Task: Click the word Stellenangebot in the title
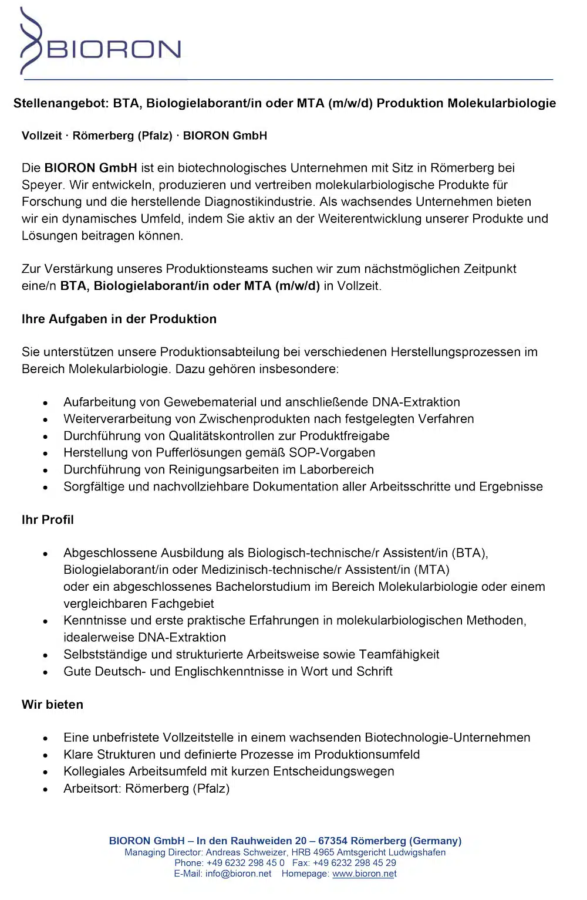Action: [60, 103]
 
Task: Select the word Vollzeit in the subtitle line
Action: [42, 136]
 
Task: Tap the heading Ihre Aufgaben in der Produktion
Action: [119, 319]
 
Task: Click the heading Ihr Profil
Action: [48, 520]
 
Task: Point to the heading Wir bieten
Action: [52, 705]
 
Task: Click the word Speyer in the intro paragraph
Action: [42, 185]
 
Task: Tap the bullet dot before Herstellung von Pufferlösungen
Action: [45, 454]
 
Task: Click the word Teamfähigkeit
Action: [399, 655]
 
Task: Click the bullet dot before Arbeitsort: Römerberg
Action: [45, 790]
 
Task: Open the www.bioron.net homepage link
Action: [364, 874]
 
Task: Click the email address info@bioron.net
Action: [238, 874]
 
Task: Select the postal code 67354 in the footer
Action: [332, 841]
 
